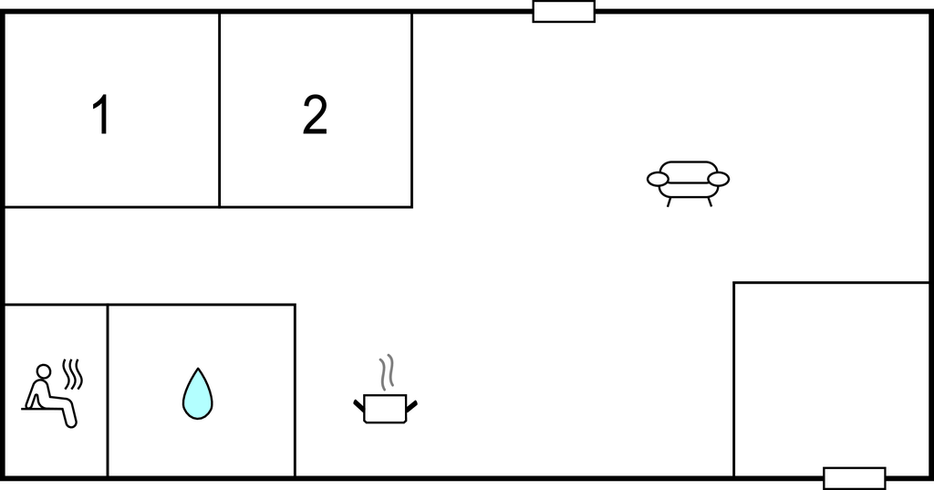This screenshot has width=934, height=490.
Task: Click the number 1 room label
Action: click(102, 114)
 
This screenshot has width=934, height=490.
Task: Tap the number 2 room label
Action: click(315, 114)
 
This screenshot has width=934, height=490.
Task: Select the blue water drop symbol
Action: click(197, 393)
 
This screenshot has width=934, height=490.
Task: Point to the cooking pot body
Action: click(385, 409)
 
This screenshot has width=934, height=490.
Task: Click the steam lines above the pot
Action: click(387, 372)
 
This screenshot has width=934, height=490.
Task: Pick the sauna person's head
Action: click(43, 371)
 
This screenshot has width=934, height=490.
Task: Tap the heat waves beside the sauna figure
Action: click(72, 374)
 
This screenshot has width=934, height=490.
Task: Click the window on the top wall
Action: click(564, 12)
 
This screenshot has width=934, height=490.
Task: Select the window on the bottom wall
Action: click(854, 478)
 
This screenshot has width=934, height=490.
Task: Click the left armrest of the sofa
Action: click(659, 179)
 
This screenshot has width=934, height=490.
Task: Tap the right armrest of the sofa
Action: click(719, 179)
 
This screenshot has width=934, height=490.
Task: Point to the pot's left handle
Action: click(358, 405)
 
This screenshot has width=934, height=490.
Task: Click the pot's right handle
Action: click(411, 405)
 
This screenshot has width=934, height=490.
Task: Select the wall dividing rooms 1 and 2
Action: click(219, 110)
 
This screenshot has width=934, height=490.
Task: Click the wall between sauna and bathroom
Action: click(108, 391)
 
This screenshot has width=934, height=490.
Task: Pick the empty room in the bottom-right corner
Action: click(831, 380)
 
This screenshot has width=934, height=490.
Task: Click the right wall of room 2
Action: click(411, 110)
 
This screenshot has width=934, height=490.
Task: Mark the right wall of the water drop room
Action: click(295, 391)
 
